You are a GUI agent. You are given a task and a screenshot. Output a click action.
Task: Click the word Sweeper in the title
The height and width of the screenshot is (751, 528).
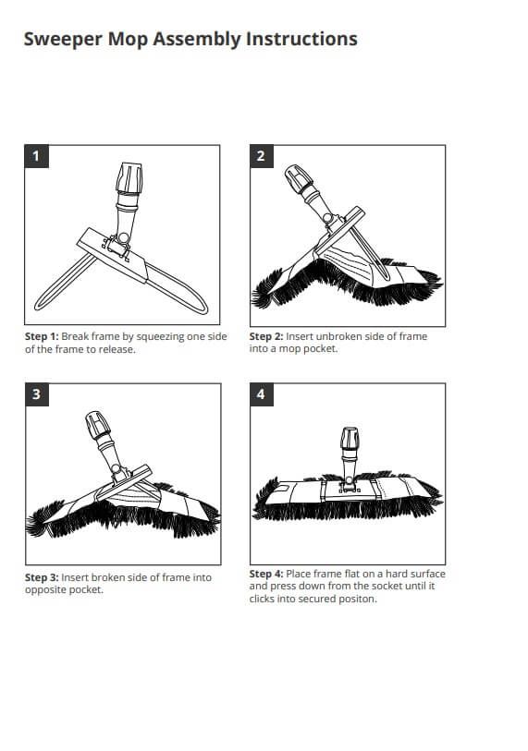[x=63, y=40]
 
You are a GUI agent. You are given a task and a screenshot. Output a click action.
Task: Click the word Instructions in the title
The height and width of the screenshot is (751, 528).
[x=301, y=38]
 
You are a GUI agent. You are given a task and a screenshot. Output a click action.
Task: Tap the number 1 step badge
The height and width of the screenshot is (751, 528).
[x=36, y=156]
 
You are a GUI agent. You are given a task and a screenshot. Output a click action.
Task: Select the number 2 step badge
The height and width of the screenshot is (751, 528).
[x=262, y=156]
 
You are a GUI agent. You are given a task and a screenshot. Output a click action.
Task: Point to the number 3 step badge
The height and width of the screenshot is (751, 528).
[x=36, y=394]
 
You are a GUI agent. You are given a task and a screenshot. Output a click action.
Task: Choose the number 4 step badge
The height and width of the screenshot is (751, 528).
[x=262, y=394]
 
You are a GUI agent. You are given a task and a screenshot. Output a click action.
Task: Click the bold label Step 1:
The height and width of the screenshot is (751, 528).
[x=42, y=337]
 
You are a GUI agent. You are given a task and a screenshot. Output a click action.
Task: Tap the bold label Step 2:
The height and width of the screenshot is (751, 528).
[x=266, y=337]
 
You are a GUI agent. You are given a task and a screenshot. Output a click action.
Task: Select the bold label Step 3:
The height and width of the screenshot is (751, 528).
[x=42, y=577]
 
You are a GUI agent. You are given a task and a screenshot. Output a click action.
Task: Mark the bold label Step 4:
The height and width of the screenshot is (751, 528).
[x=266, y=574]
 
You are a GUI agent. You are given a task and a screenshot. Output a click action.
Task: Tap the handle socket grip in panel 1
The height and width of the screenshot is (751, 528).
[x=129, y=178]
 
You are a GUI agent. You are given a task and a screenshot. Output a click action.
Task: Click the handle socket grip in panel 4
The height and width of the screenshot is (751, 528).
[x=350, y=438]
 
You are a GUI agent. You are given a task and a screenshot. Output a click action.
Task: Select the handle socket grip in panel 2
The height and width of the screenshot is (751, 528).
[x=299, y=178]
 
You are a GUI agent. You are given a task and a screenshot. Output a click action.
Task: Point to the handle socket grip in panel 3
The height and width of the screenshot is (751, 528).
[x=98, y=424]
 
